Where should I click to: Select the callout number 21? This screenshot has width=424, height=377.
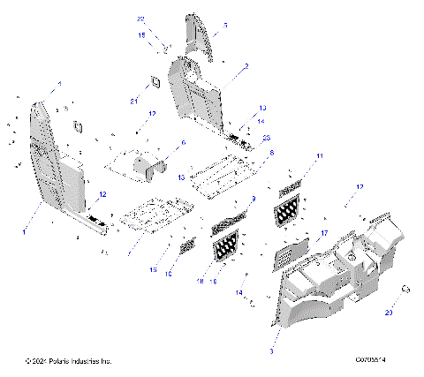pos(134,101)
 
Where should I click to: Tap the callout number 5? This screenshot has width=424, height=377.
pos(224,26)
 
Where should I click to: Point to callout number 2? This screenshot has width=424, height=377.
pos(246,66)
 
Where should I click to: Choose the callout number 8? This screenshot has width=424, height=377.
pos(271,153)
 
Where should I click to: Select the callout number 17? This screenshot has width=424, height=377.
pos(324,234)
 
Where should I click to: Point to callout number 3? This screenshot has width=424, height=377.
pos(271,351)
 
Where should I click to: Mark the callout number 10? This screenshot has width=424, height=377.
pos(168,274)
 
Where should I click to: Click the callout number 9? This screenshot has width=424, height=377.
pos(254,200)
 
